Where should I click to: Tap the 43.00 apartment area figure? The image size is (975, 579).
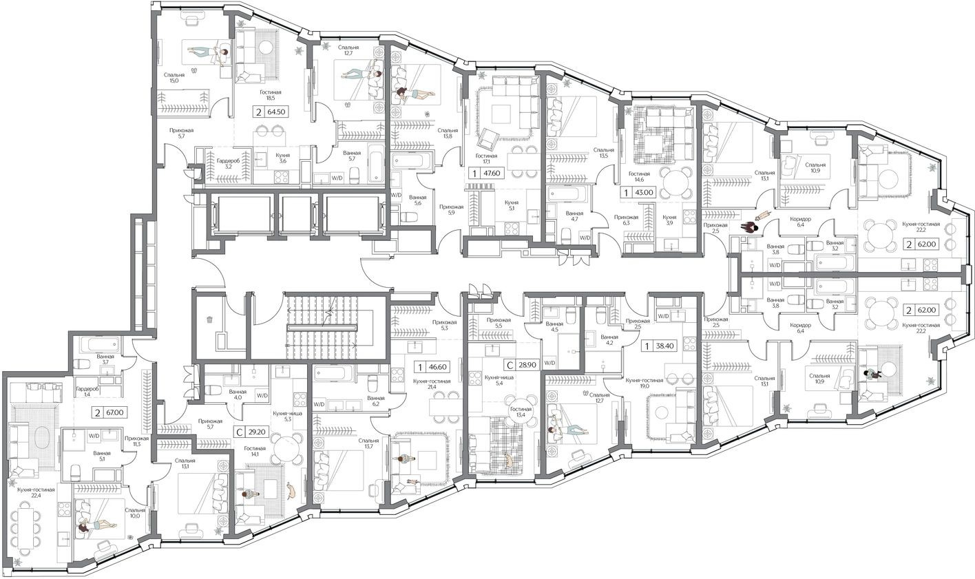649,193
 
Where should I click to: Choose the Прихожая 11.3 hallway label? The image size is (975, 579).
137,441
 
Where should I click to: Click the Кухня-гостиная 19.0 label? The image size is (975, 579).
644,383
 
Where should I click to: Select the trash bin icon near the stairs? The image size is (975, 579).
210,319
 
